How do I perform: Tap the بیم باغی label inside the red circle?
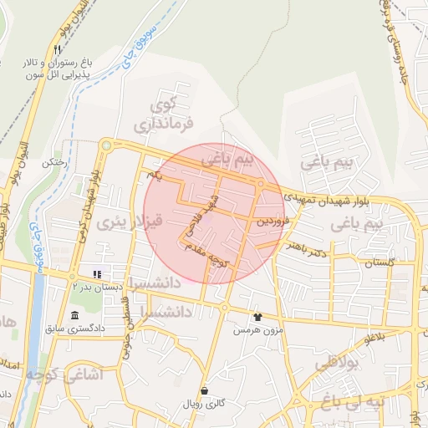click(232, 157)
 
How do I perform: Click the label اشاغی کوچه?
click(52, 374)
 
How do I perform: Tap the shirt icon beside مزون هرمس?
click(257, 317)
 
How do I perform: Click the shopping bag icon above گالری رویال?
click(205, 390)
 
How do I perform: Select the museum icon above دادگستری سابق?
click(75, 315)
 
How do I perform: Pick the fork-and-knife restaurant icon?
click(57, 49)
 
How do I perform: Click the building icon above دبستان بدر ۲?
click(97, 273)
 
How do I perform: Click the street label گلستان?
click(379, 262)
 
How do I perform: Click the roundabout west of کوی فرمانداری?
click(105, 145)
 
